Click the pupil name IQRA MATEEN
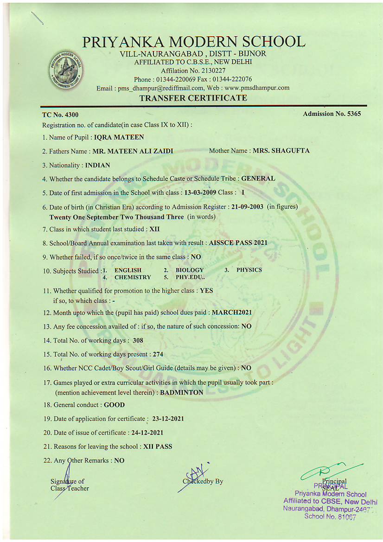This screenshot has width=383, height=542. point(119,137)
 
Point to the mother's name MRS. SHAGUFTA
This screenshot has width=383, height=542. point(281,151)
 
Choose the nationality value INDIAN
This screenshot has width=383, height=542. point(98,165)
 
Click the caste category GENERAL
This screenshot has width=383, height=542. point(258,178)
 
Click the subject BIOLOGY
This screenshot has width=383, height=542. point(189,270)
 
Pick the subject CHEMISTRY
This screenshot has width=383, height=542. point(132,277)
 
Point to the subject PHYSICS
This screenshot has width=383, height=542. point(249,270)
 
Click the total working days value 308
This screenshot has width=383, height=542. point(138,340)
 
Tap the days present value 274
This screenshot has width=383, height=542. point(158,354)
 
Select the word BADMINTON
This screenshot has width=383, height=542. point(181,392)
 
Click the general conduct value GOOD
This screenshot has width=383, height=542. point(114,405)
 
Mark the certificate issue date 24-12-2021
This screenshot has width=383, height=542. point(147,433)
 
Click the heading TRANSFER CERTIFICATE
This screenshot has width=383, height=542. point(193,98)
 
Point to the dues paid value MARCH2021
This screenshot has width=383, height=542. point(232,312)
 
